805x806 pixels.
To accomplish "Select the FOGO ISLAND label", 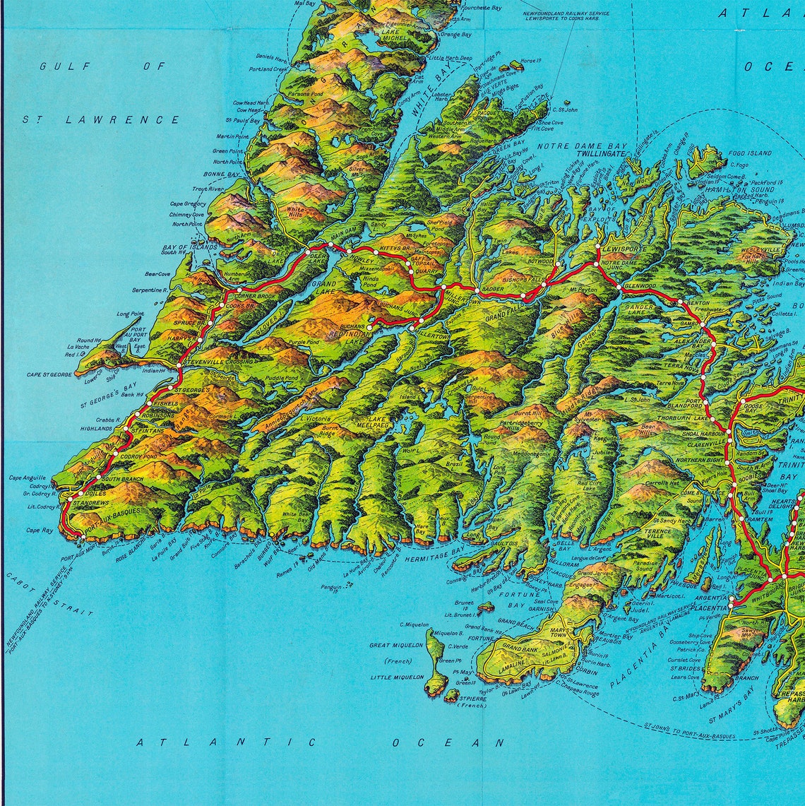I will click(x=750, y=153).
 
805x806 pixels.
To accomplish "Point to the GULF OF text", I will click(x=102, y=66).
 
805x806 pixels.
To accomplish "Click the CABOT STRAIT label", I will click(x=49, y=594).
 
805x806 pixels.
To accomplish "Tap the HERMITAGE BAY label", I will click(x=435, y=558).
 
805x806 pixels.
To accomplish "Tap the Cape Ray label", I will click(x=40, y=531).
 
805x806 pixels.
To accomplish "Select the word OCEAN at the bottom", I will click(x=448, y=742).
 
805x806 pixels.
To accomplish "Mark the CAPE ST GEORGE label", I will click(x=49, y=374).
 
